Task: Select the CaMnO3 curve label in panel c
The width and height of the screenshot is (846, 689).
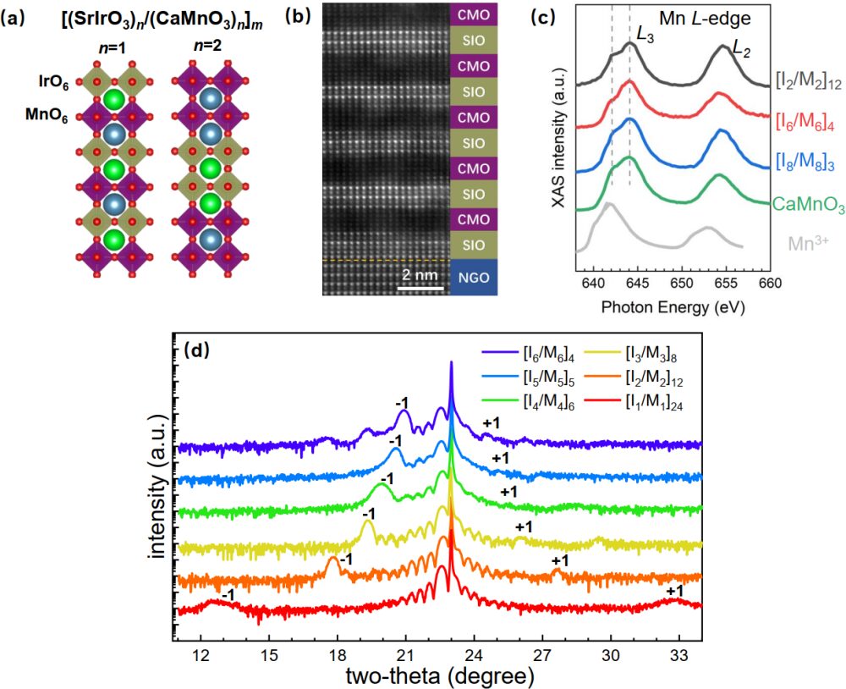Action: click(x=808, y=203)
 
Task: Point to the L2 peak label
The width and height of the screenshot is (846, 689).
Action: click(x=741, y=51)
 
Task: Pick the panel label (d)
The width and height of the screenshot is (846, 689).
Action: click(x=197, y=348)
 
